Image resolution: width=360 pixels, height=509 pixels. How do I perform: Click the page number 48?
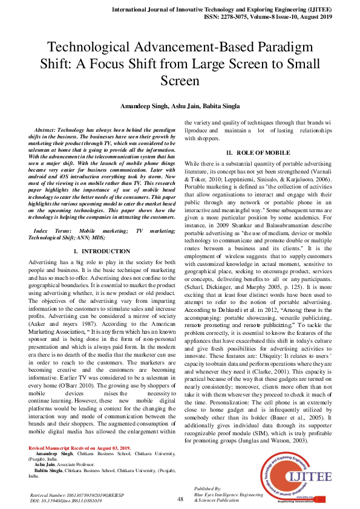[x=180, y=498]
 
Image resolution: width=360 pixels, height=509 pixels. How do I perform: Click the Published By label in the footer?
[x=206, y=487]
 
